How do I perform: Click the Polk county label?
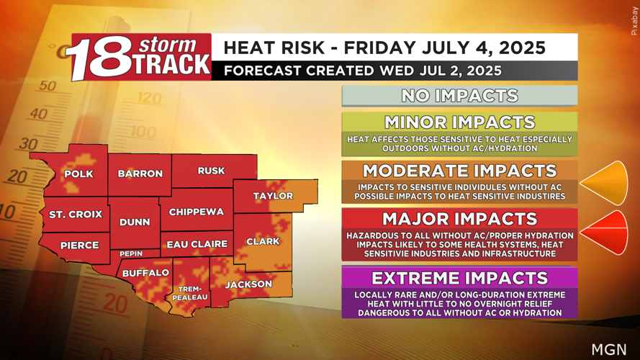click(78, 174)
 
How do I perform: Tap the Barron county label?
click(140, 174)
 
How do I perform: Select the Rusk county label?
click(211, 171)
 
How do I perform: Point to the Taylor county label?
click(273, 196)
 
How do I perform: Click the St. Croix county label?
click(76, 215)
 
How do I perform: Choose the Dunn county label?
click(135, 222)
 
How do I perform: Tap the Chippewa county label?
click(197, 212)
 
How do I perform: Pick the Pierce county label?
click(79, 245)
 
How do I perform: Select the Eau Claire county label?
click(197, 245)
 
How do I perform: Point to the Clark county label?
click(263, 241)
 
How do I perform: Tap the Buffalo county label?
click(145, 273)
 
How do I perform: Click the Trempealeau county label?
click(192, 293)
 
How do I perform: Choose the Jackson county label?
click(248, 284)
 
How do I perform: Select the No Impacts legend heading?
click(459, 96)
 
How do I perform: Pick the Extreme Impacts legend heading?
click(459, 278)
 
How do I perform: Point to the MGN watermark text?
click(608, 349)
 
